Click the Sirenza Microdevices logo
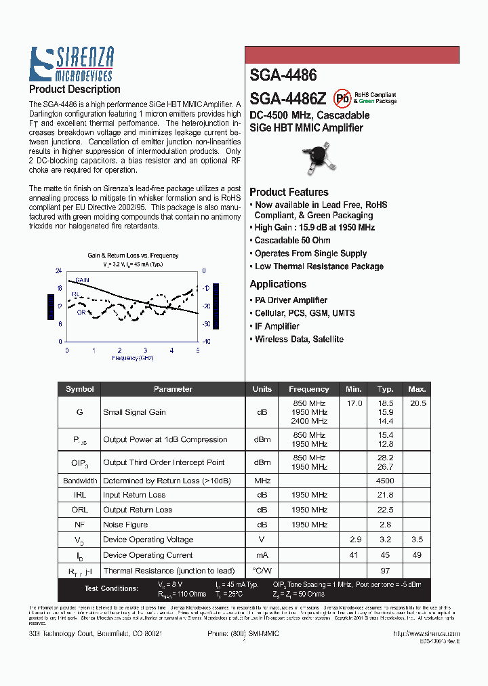point(71,64)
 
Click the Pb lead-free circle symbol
point(343,98)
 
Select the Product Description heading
point(75,89)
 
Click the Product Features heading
point(289,192)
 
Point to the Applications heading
point(278,284)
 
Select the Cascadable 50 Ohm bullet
point(292,241)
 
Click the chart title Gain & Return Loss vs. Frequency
point(133,256)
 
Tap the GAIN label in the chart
point(83,279)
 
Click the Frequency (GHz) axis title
point(132,357)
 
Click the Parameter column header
point(173,389)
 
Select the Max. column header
point(417,389)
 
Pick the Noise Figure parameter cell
point(125,525)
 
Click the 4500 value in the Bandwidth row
point(386,481)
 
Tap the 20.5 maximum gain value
point(418,403)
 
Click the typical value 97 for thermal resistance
point(386,571)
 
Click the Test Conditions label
point(111,588)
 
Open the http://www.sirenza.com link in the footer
point(426,633)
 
